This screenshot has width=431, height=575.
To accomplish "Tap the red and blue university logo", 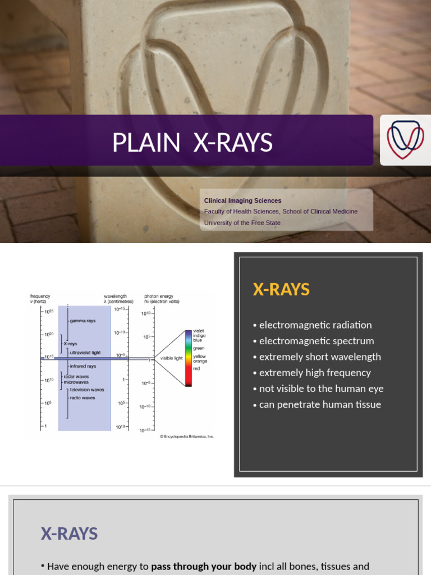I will pos(405,140).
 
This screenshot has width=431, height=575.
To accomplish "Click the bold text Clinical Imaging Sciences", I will pos(242,200).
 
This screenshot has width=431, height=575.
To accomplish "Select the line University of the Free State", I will pos(242,222).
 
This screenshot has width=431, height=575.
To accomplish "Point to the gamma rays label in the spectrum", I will pos(82,321).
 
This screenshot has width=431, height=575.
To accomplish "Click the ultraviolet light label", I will pos(85,353).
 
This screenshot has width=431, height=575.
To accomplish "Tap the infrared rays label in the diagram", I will pos(82,366).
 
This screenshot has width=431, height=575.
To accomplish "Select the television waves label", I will pos(87,389).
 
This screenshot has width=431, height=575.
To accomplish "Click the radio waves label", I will pos(82,398).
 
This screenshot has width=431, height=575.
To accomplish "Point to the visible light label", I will pos(171,358).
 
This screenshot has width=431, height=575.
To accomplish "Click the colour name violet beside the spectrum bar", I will pos(199,331).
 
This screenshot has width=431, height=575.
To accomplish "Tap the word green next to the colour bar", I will pos(199,348).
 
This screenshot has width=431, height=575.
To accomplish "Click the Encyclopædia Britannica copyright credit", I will pos(186,436).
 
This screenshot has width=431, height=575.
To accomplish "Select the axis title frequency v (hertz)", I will pos(40,299).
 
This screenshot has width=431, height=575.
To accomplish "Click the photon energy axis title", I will pos(159,299).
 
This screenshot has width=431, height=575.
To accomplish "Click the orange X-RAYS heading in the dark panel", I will pos(281,290).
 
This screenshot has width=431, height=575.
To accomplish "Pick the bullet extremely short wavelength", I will pos(317,357).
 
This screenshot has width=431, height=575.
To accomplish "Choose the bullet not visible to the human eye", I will pos(318,389).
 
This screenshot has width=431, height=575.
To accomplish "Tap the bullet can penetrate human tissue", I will pos(317,405).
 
